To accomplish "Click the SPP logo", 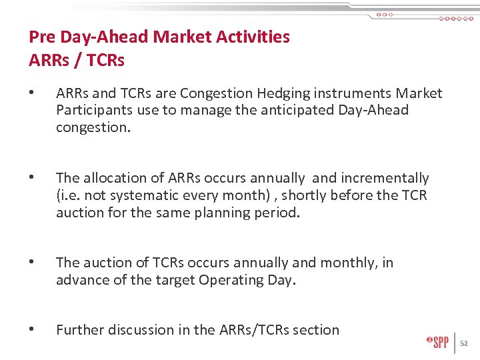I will tap(438, 343).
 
